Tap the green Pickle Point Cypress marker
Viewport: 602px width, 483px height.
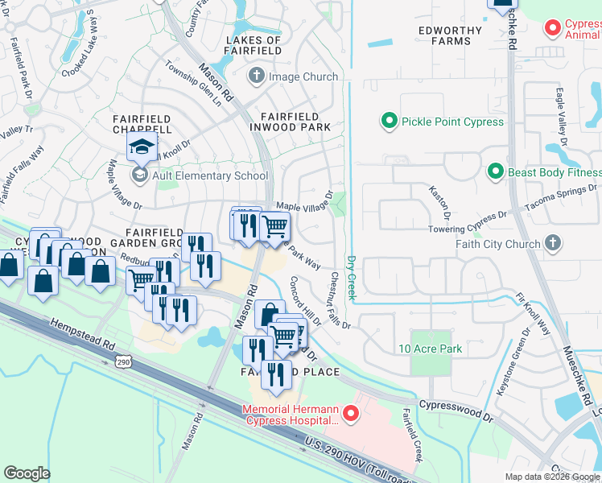[390, 122]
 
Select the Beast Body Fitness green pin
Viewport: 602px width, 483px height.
[495, 171]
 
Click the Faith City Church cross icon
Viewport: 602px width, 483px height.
[553, 243]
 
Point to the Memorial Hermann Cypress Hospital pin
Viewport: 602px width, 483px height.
[350, 415]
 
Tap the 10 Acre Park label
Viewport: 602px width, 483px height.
[431, 349]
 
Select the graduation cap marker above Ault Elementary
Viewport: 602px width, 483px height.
[142, 148]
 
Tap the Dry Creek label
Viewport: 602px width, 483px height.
[351, 278]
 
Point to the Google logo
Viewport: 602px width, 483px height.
[27, 473]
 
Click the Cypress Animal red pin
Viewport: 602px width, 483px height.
[553, 28]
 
